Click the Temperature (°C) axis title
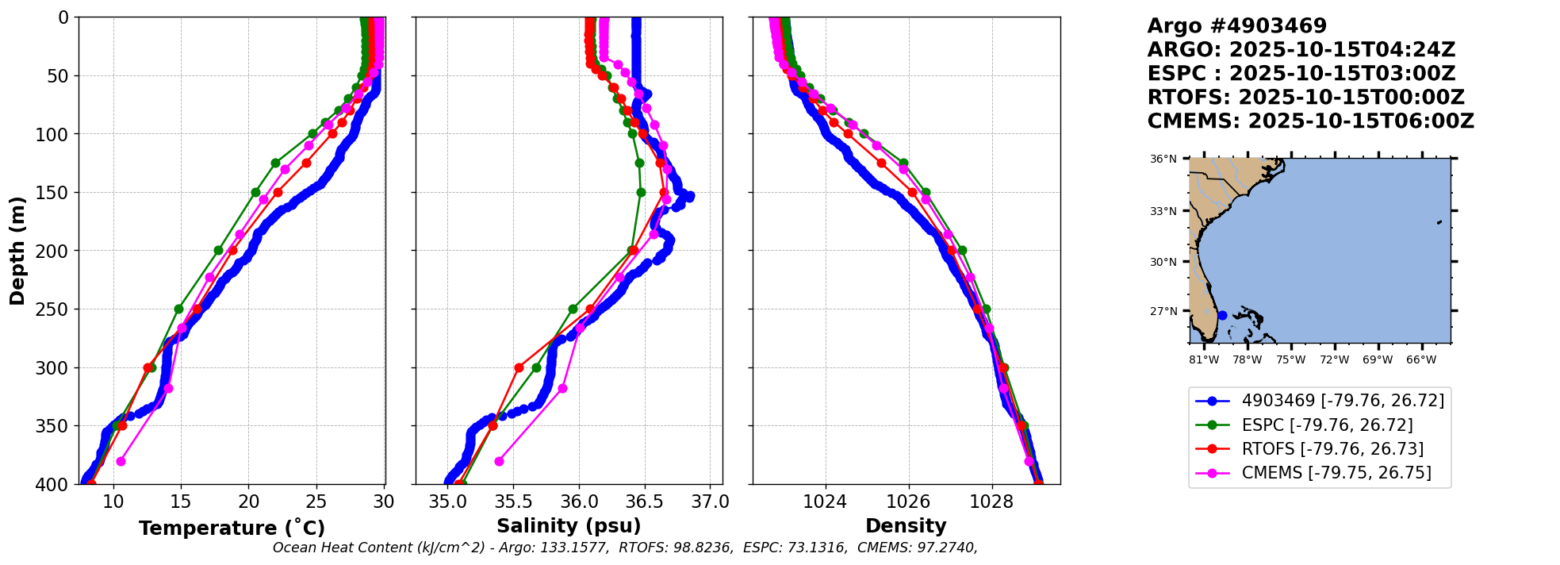pos(232,528)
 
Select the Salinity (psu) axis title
pos(569,526)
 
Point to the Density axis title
pos(906,526)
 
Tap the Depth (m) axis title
pos(17,251)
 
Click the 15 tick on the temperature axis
pos(181,502)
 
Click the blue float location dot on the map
pos(1222,315)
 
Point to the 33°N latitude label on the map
pos(1163,211)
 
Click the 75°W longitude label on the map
pos(1290,359)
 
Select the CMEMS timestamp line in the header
pos(1310,121)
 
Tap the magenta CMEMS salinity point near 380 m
pos(499,461)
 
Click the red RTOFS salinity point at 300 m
pos(519,367)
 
